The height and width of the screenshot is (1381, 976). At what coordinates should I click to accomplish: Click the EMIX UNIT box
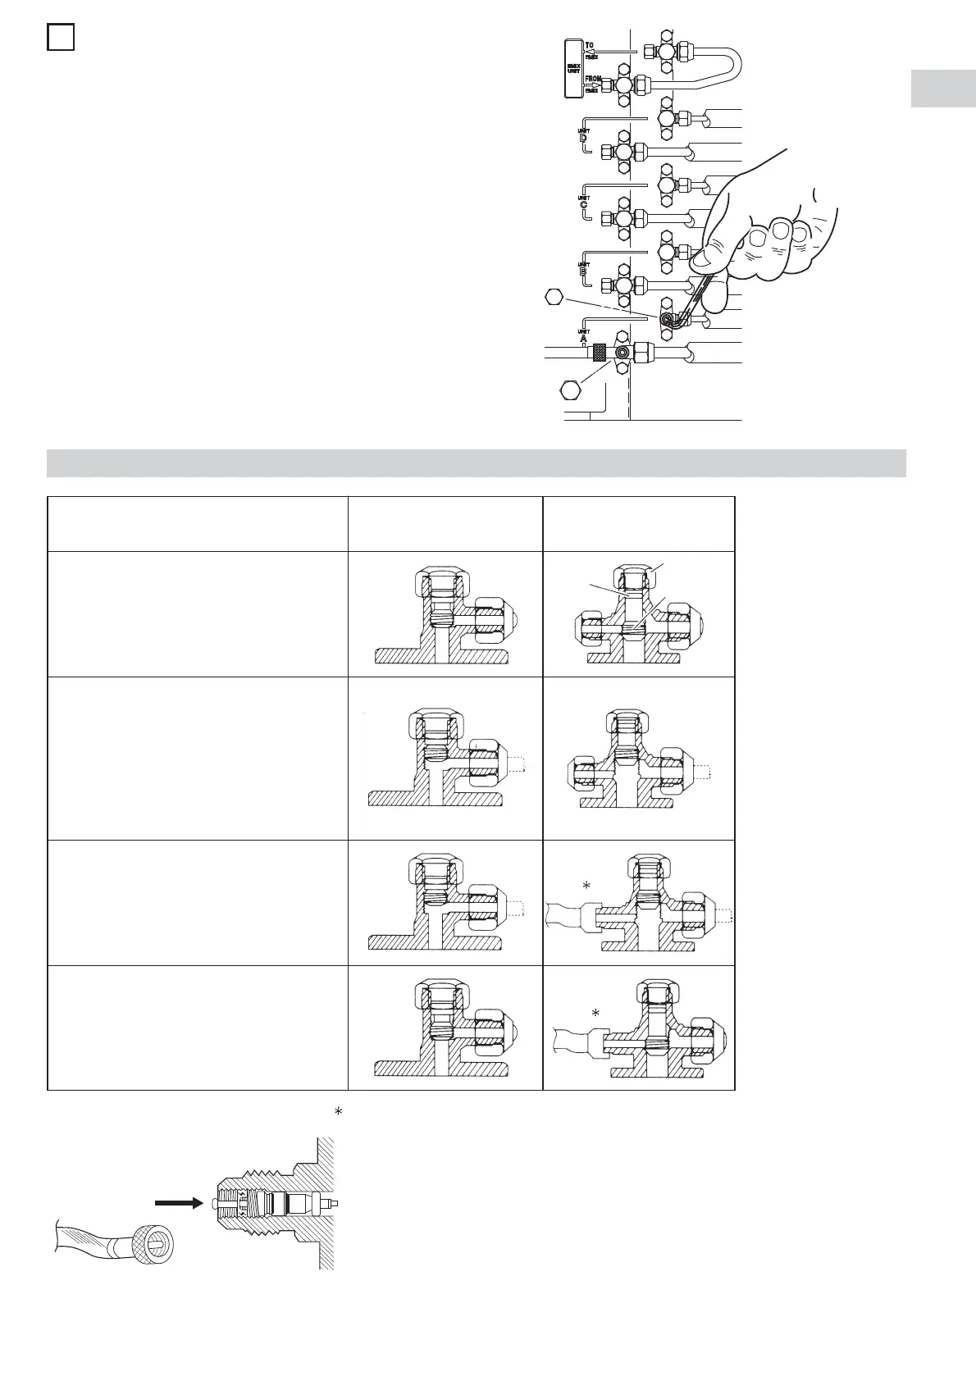pos(573,68)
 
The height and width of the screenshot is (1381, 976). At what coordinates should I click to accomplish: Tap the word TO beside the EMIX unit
pos(590,46)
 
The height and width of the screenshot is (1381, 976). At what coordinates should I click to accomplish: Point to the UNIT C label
pos(583,202)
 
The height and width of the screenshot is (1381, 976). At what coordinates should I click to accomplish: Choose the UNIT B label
pos(583,267)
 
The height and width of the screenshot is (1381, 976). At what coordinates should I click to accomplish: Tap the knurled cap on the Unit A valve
pos(600,353)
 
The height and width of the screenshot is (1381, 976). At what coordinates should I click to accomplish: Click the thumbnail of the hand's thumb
pos(703,261)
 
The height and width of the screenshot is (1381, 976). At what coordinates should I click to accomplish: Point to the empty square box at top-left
pos(61,38)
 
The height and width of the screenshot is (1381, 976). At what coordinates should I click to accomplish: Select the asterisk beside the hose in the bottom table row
pos(596,1014)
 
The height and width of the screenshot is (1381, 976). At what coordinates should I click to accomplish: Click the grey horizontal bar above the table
pos(476,463)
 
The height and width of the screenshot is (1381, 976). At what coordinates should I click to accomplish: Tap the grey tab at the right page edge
pos(942,89)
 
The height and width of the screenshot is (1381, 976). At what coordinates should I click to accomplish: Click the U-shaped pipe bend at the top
pos(732,65)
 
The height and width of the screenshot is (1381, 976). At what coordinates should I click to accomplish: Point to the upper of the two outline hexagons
pos(556,298)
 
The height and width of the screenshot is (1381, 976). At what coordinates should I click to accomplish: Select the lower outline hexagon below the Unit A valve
pos(568,390)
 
